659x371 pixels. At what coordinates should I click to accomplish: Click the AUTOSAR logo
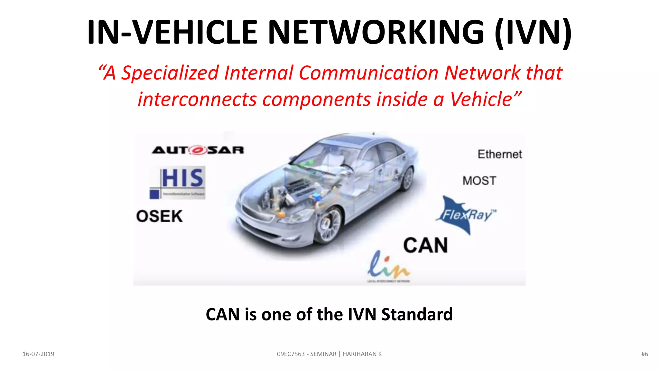[x=198, y=150]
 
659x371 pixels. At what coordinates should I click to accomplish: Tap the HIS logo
[x=178, y=182]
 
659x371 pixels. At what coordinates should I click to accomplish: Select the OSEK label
[x=159, y=216]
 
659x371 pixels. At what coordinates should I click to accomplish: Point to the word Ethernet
[x=500, y=154]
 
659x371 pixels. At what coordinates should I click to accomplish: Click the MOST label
[x=479, y=181]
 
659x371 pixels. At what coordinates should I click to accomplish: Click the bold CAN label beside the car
[x=425, y=245]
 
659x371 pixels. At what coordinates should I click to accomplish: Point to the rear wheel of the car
[x=408, y=179]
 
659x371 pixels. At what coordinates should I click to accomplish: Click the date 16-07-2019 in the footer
[x=38, y=354]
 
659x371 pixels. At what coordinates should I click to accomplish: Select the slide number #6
[x=645, y=354]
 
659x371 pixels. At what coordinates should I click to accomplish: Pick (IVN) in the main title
[x=533, y=32]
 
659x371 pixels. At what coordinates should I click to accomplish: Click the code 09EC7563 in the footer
[x=291, y=354]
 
